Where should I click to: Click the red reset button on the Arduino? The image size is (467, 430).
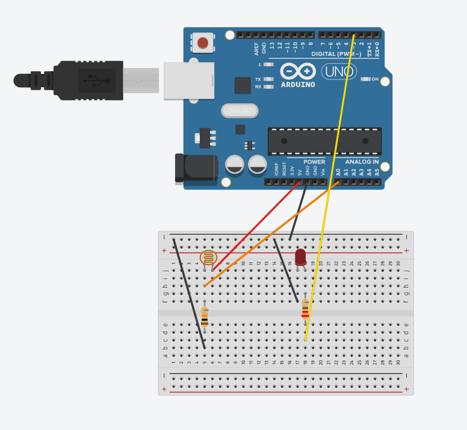(203, 43)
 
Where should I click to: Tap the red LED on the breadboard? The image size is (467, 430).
(300, 257)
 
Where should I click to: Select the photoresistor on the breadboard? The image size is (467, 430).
(208, 258)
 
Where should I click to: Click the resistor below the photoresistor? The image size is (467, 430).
(205, 316)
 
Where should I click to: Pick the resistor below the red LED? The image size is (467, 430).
(305, 309)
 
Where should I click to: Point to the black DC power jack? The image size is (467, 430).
(196, 167)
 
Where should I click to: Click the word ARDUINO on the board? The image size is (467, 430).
(298, 85)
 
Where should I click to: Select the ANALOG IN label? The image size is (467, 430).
(362, 162)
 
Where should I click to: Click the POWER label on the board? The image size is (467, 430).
(314, 162)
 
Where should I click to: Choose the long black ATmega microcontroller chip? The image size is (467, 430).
(324, 141)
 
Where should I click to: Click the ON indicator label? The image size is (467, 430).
(375, 79)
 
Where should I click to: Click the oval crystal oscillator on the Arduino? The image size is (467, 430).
(240, 111)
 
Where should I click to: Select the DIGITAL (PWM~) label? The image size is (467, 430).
(338, 54)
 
